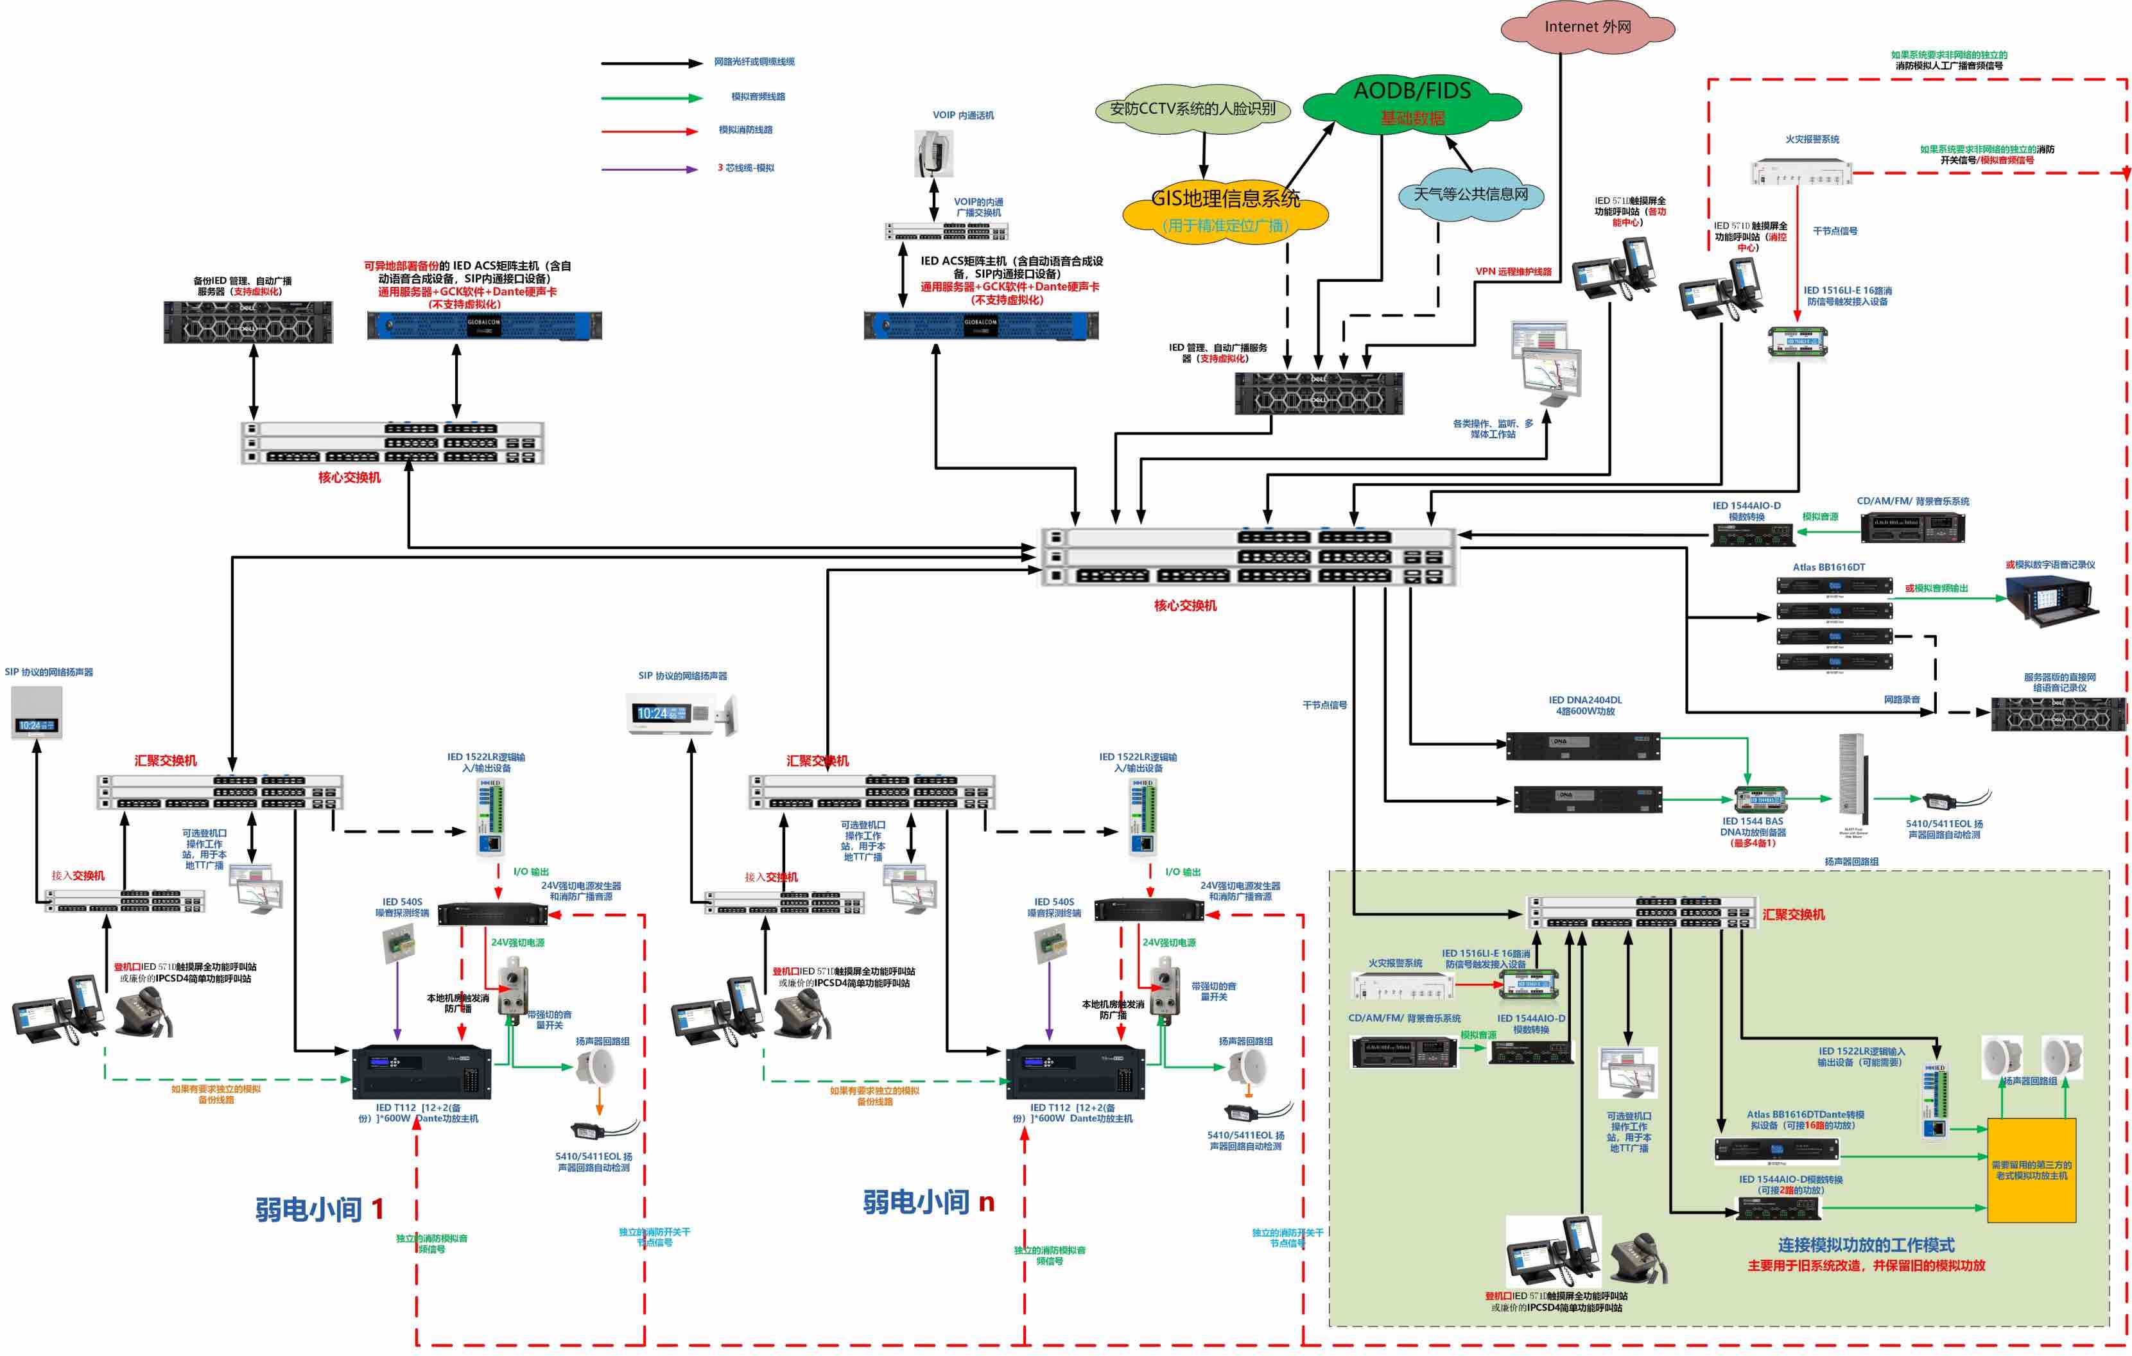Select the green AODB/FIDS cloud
[1412, 103]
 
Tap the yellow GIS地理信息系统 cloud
[1226, 210]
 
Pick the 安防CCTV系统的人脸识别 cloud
[1193, 109]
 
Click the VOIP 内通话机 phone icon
[933, 153]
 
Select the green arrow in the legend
[651, 98]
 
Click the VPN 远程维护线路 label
[1513, 271]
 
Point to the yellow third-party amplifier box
[2031, 1170]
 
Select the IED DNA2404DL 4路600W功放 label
[1585, 705]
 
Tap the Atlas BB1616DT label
[1828, 567]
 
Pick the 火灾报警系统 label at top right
[1812, 139]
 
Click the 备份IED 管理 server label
[242, 286]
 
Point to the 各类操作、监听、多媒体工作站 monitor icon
[1545, 364]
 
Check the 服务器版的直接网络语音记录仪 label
[2059, 682]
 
